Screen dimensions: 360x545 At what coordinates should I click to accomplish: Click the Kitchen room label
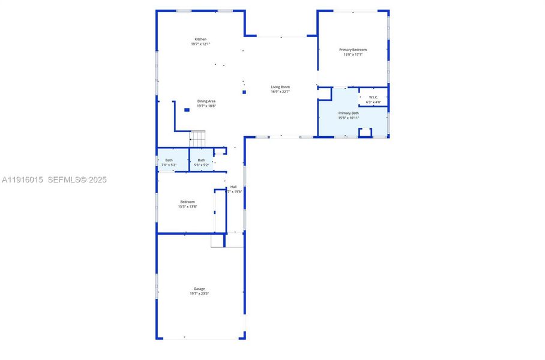coord(200,39)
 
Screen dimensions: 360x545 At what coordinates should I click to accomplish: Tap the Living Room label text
coord(280,87)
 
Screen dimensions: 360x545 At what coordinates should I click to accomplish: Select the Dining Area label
coord(206,101)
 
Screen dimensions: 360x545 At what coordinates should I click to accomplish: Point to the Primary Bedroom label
coord(353,49)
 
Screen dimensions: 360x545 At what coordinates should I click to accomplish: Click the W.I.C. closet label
coord(373,97)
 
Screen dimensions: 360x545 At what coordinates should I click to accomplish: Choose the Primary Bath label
coord(349,113)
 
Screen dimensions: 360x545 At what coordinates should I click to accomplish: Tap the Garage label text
coord(199,289)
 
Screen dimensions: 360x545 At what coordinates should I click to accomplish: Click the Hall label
coord(233,187)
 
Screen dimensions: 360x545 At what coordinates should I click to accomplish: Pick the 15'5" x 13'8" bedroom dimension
coord(187,206)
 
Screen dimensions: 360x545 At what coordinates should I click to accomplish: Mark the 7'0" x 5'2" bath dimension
coord(169,164)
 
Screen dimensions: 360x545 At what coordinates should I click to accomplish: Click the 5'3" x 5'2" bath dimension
coord(202,164)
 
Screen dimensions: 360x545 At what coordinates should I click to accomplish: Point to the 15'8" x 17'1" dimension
coord(353,54)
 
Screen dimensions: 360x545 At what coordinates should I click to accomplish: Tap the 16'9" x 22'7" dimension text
coord(280,92)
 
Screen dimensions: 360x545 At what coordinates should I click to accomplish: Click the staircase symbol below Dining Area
coord(198,138)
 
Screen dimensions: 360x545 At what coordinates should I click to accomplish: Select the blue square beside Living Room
coord(244,92)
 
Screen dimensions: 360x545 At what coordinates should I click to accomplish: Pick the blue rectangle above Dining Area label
coord(187,110)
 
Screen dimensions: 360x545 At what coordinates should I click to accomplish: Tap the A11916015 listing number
coord(22,179)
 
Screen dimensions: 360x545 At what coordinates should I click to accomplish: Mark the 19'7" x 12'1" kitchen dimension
coord(200,44)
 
